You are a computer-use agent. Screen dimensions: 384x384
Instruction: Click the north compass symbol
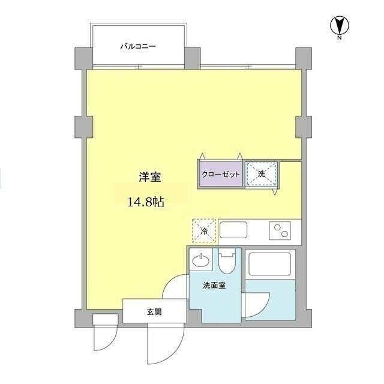point(340,25)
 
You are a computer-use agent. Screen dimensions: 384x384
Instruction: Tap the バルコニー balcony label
point(138,46)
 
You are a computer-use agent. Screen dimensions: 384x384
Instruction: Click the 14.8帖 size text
point(146,202)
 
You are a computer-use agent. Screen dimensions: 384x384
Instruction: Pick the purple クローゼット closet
point(220,174)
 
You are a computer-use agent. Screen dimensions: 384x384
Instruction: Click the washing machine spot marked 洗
point(262,174)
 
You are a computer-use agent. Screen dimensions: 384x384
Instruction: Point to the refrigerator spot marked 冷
point(204,231)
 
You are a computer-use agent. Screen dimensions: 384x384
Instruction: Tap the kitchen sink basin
point(233,230)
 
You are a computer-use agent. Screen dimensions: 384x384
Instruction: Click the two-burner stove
point(280,230)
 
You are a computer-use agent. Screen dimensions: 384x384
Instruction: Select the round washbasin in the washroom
point(201,261)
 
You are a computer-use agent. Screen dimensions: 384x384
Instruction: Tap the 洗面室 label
point(214,286)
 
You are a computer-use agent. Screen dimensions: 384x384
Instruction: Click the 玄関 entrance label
point(154,312)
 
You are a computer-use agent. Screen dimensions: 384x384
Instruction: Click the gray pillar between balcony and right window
point(192,58)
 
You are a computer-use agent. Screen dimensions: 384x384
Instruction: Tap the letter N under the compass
point(340,37)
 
